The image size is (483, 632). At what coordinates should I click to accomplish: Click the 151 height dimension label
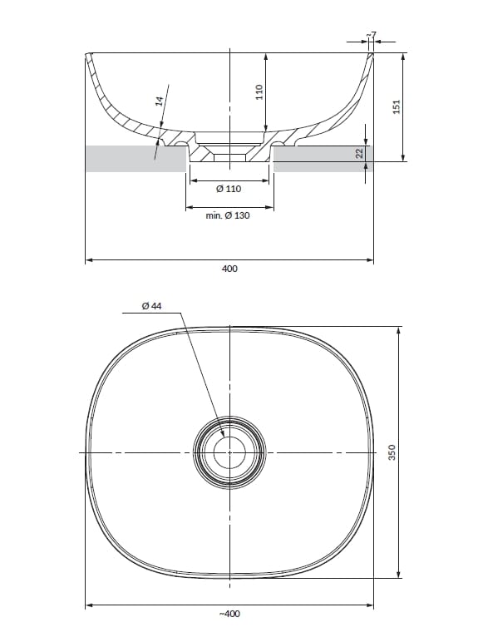[x=397, y=106]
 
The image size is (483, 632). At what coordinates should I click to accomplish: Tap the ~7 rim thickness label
[x=372, y=35]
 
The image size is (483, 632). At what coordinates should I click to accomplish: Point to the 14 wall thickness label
[x=158, y=101]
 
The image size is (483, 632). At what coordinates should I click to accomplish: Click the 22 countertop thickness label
[x=360, y=155]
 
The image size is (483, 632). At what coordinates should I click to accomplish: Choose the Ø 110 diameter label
[x=229, y=190]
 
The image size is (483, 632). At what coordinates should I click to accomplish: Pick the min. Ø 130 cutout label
[x=228, y=216]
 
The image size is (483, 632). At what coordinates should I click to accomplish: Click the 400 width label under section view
[x=229, y=269]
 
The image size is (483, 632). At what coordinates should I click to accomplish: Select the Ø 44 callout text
[x=151, y=306]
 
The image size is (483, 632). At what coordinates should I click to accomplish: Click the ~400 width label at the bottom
[x=229, y=614]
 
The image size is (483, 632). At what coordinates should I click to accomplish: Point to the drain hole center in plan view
[x=229, y=452]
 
